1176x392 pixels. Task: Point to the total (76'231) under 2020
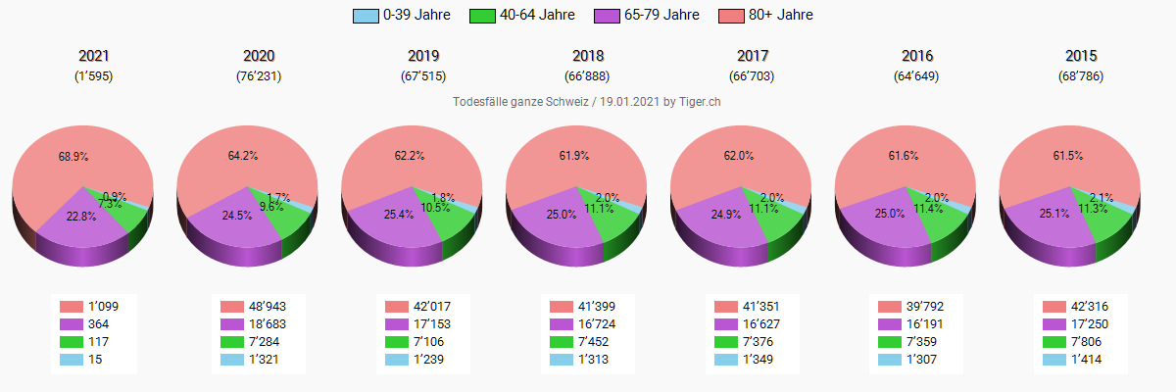click(259, 75)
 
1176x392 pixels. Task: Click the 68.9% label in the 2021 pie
click(73, 156)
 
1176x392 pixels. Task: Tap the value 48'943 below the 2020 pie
click(268, 307)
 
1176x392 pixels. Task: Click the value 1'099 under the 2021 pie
click(103, 307)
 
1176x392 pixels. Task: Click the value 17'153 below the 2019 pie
click(432, 324)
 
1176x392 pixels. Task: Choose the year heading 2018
click(588, 56)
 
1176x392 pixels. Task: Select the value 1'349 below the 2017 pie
click(761, 360)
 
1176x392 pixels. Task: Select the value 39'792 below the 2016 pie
click(926, 307)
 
